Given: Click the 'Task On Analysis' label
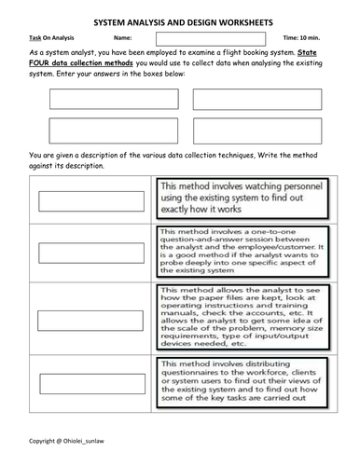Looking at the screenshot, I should point(45,37).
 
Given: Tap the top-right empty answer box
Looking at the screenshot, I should point(256,101).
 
